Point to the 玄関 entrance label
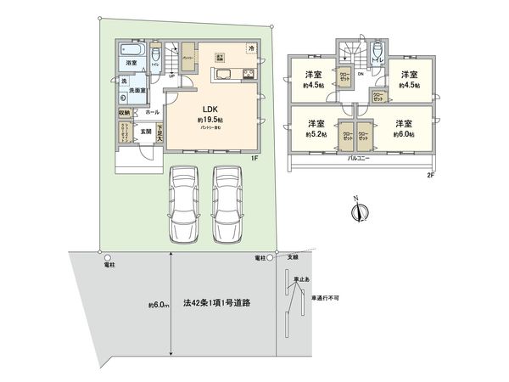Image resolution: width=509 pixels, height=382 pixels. click(145, 131)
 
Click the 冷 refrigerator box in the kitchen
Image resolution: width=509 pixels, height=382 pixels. click(252, 48)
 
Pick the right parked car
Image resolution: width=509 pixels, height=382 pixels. click(227, 201)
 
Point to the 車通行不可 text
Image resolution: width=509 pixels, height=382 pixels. click(327, 297)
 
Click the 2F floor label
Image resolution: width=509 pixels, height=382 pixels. click(431, 175)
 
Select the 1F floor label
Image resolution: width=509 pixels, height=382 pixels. click(254, 158)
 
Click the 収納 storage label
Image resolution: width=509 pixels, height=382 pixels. click(124, 112)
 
